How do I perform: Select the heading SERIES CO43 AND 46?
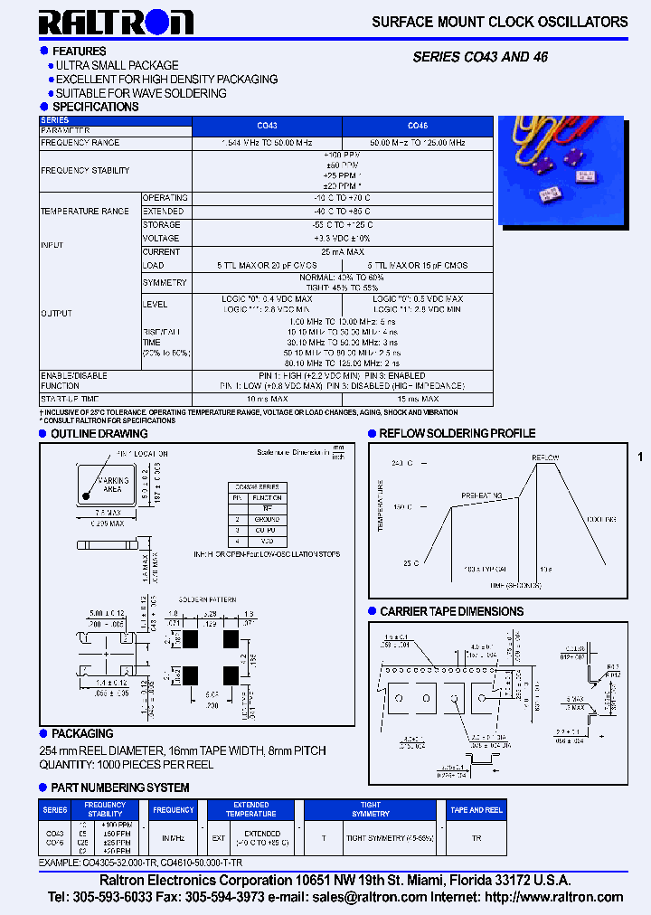click(x=480, y=57)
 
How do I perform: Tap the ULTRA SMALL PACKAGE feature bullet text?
click(x=117, y=65)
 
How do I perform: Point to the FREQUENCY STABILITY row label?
click(x=85, y=170)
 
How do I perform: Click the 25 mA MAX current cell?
click(x=342, y=252)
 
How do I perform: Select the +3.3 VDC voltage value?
click(x=342, y=239)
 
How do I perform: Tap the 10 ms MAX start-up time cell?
click(x=267, y=399)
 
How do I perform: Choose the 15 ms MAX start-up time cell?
click(x=418, y=399)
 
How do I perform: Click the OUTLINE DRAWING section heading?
click(x=99, y=434)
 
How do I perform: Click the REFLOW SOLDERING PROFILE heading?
click(x=458, y=434)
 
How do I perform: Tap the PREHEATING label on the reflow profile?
click(x=481, y=495)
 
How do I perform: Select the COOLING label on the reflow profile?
click(x=600, y=520)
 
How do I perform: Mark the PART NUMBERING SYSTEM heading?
click(x=120, y=788)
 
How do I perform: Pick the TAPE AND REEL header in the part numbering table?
click(x=476, y=810)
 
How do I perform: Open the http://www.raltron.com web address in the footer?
click(x=554, y=897)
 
